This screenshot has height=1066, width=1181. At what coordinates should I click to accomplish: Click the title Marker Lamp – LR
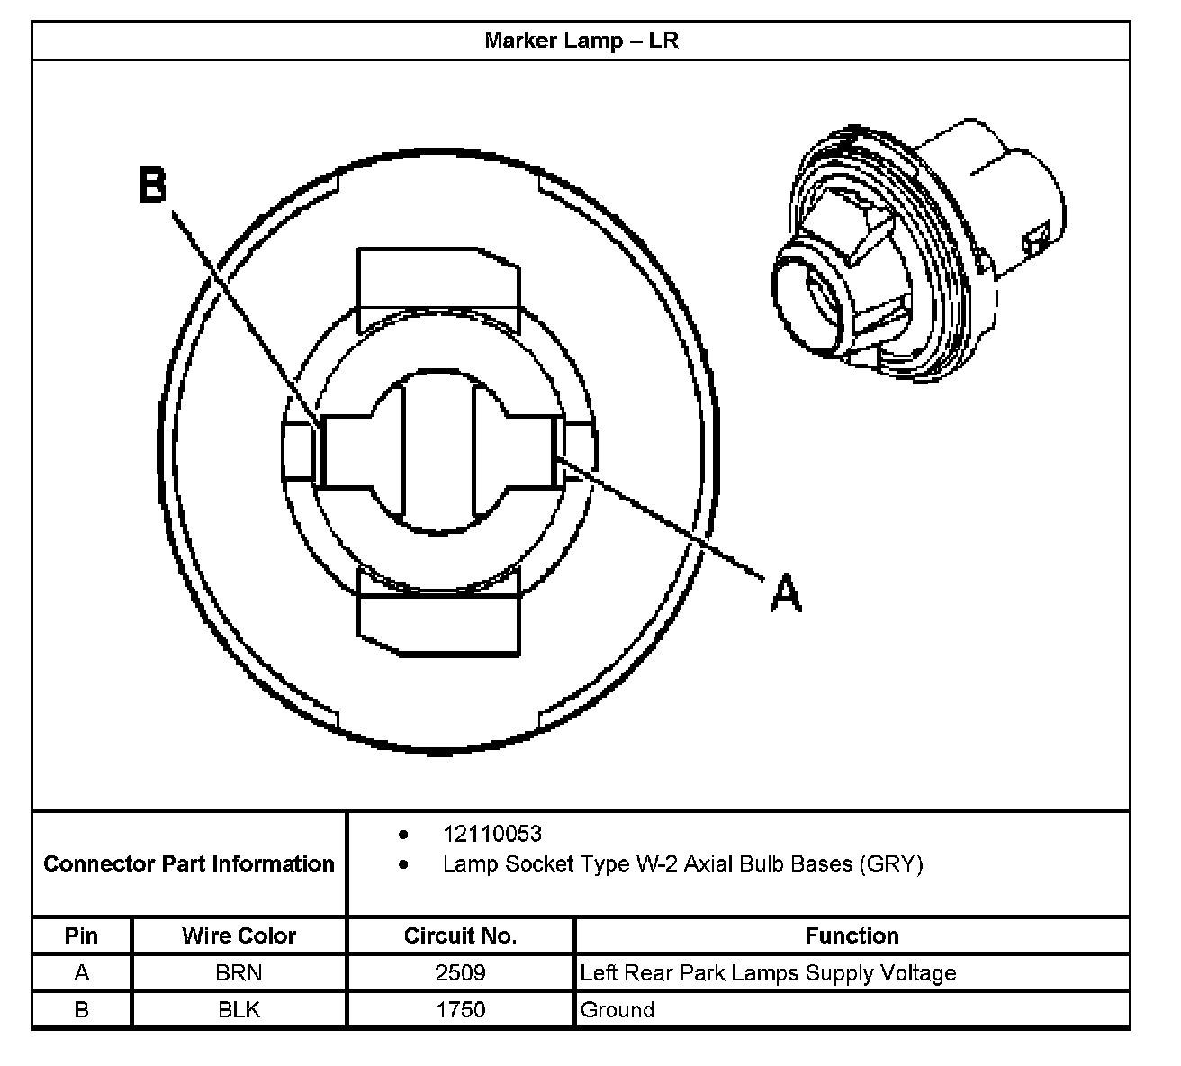581,41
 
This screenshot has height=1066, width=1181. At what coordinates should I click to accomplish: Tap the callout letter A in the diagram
786,593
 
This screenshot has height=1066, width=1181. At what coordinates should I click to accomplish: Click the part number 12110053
491,834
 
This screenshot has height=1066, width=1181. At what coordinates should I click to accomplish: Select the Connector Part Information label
189,864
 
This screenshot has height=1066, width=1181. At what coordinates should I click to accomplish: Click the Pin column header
81,935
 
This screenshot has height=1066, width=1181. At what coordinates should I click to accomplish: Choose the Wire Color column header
239,935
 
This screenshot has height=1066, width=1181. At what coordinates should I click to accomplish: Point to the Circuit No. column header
460,935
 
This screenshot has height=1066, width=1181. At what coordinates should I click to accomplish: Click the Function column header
852,935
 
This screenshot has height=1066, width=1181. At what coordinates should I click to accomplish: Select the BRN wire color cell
239,972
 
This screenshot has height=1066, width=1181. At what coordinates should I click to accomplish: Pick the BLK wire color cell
239,1009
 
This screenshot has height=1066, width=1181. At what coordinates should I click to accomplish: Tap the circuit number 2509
460,972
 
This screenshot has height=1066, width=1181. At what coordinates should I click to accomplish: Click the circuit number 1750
460,1009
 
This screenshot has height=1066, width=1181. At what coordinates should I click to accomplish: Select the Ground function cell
618,1009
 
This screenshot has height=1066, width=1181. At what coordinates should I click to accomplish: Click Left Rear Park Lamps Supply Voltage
768,972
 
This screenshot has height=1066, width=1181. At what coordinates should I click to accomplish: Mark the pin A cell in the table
81,972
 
